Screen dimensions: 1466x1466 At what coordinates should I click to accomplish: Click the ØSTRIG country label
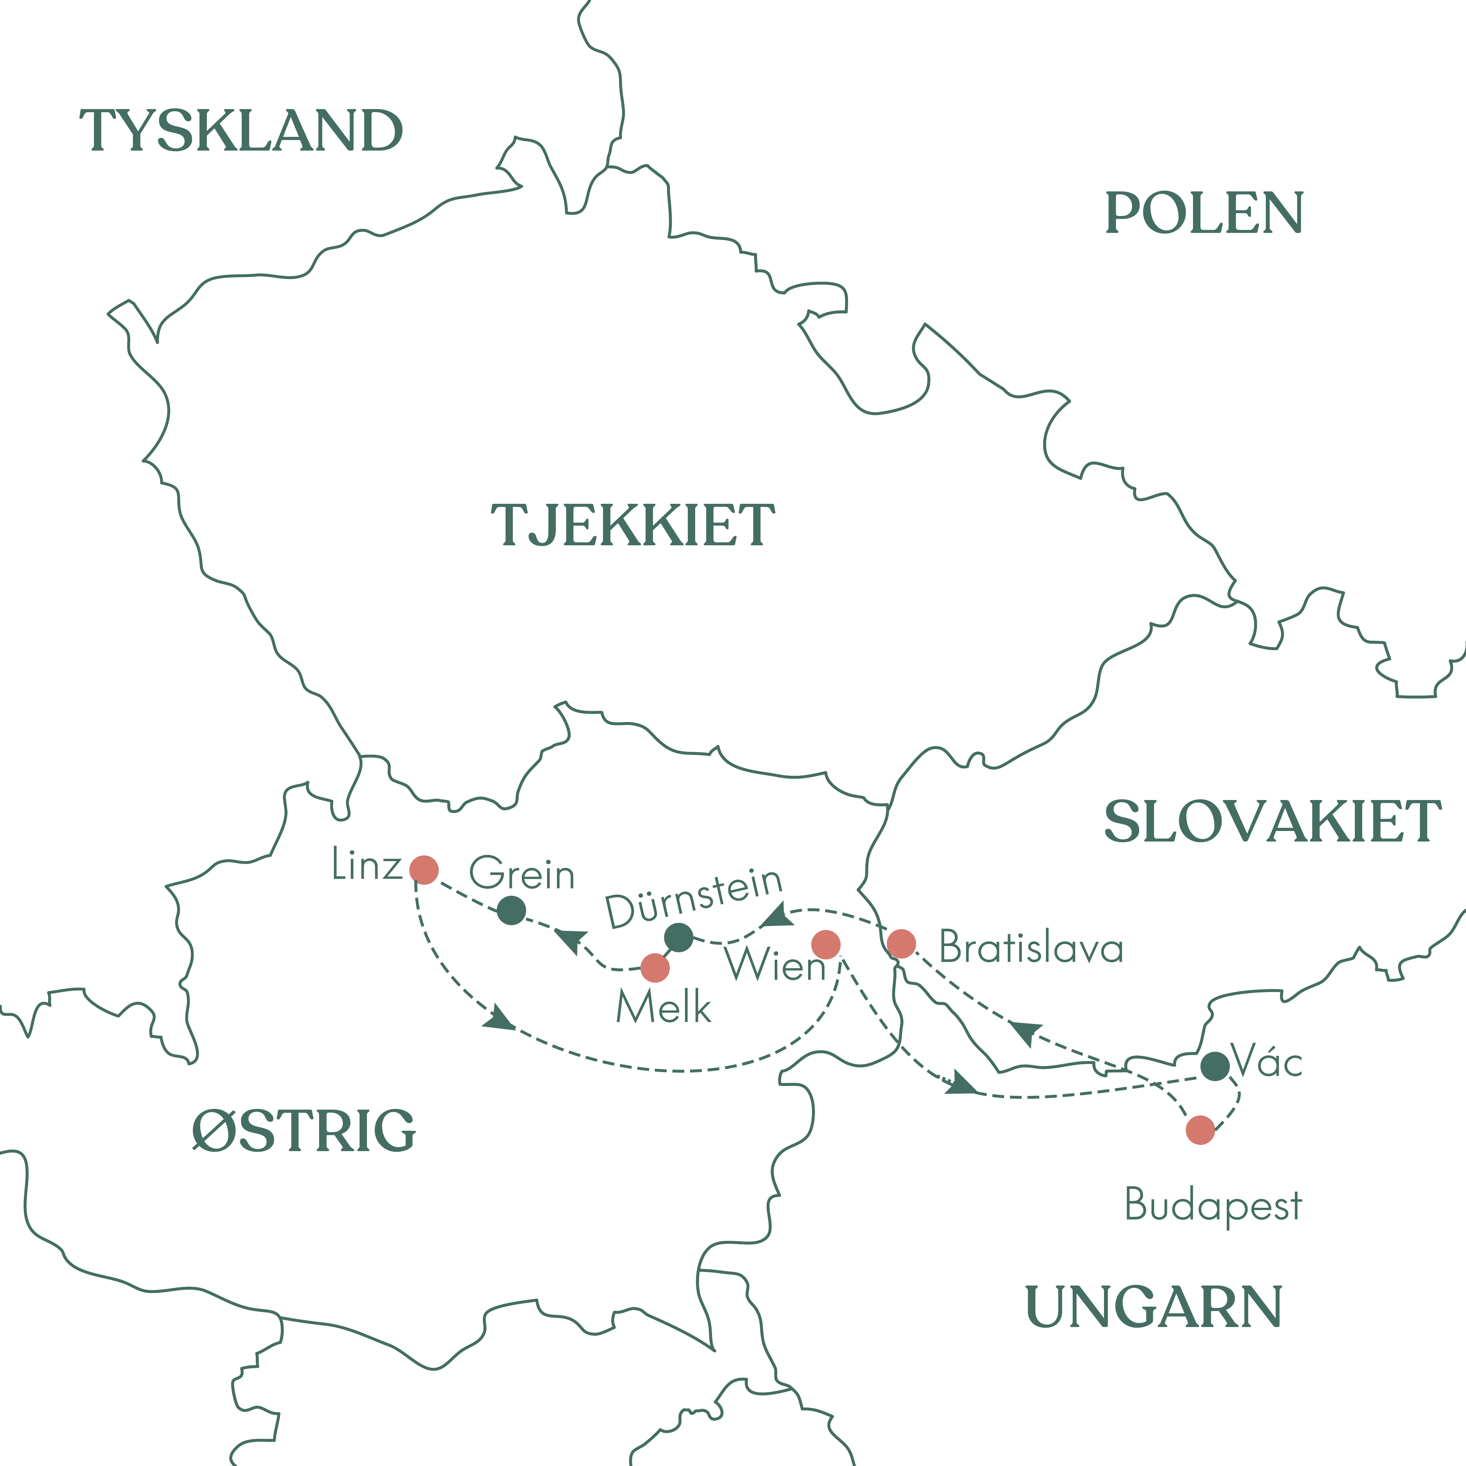tap(304, 1131)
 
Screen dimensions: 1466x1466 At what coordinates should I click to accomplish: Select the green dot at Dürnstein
tap(678, 937)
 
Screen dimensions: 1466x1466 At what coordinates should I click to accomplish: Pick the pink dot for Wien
tap(826, 945)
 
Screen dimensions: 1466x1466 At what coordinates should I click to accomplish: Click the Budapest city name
tap(1213, 1205)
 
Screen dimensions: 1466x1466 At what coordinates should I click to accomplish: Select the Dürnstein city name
tap(693, 898)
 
